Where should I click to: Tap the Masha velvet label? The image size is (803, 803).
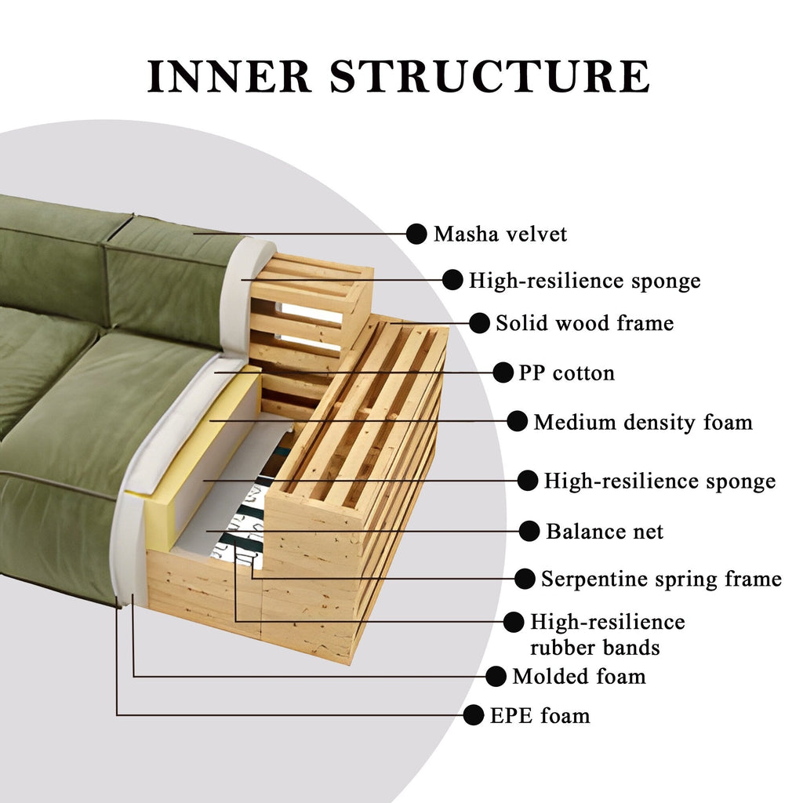click(x=500, y=234)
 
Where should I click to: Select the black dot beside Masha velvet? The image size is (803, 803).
click(x=416, y=233)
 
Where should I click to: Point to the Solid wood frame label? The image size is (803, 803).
click(x=584, y=323)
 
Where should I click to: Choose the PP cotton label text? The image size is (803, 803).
click(x=566, y=373)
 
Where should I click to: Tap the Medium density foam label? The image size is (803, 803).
click(x=643, y=423)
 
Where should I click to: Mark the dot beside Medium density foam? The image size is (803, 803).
click(x=517, y=422)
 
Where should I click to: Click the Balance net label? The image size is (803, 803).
click(x=605, y=532)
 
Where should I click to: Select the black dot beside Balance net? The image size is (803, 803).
click(x=529, y=531)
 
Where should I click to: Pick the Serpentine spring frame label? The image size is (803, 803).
click(x=661, y=580)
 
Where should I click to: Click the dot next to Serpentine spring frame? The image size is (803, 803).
click(x=525, y=579)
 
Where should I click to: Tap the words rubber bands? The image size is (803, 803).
click(x=594, y=648)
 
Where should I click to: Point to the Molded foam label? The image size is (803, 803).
click(x=579, y=676)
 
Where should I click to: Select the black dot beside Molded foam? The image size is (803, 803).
click(x=496, y=675)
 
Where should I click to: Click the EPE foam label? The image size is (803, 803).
click(x=540, y=716)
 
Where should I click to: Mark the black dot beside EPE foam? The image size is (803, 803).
click(x=474, y=714)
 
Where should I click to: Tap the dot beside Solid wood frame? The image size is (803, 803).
click(x=478, y=322)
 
